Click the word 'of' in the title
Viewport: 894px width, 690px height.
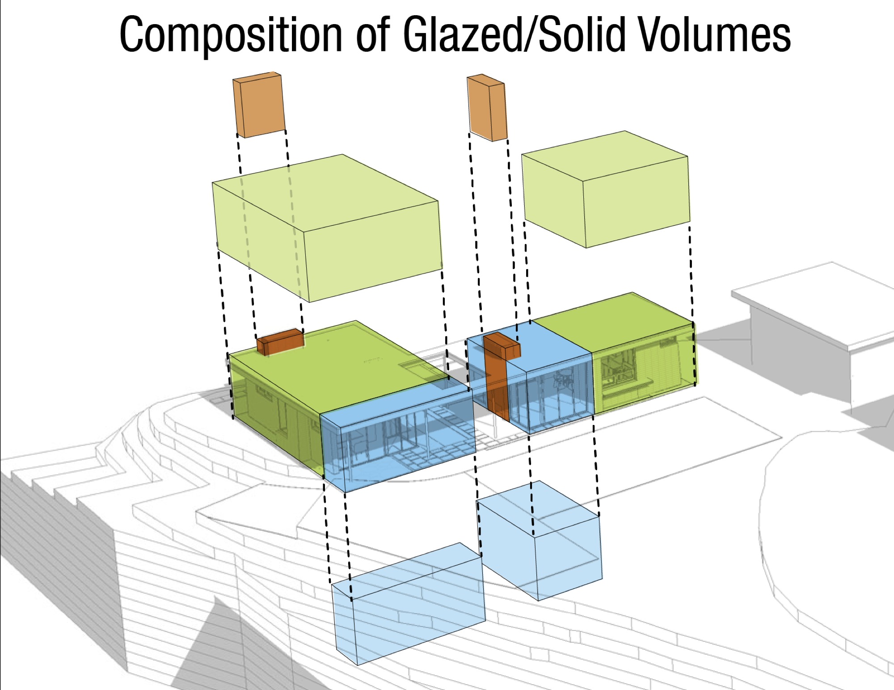(x=374, y=35)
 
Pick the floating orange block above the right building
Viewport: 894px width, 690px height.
(x=487, y=108)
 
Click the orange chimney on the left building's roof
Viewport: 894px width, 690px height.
(x=280, y=342)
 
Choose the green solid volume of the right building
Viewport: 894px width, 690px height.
(x=644, y=358)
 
